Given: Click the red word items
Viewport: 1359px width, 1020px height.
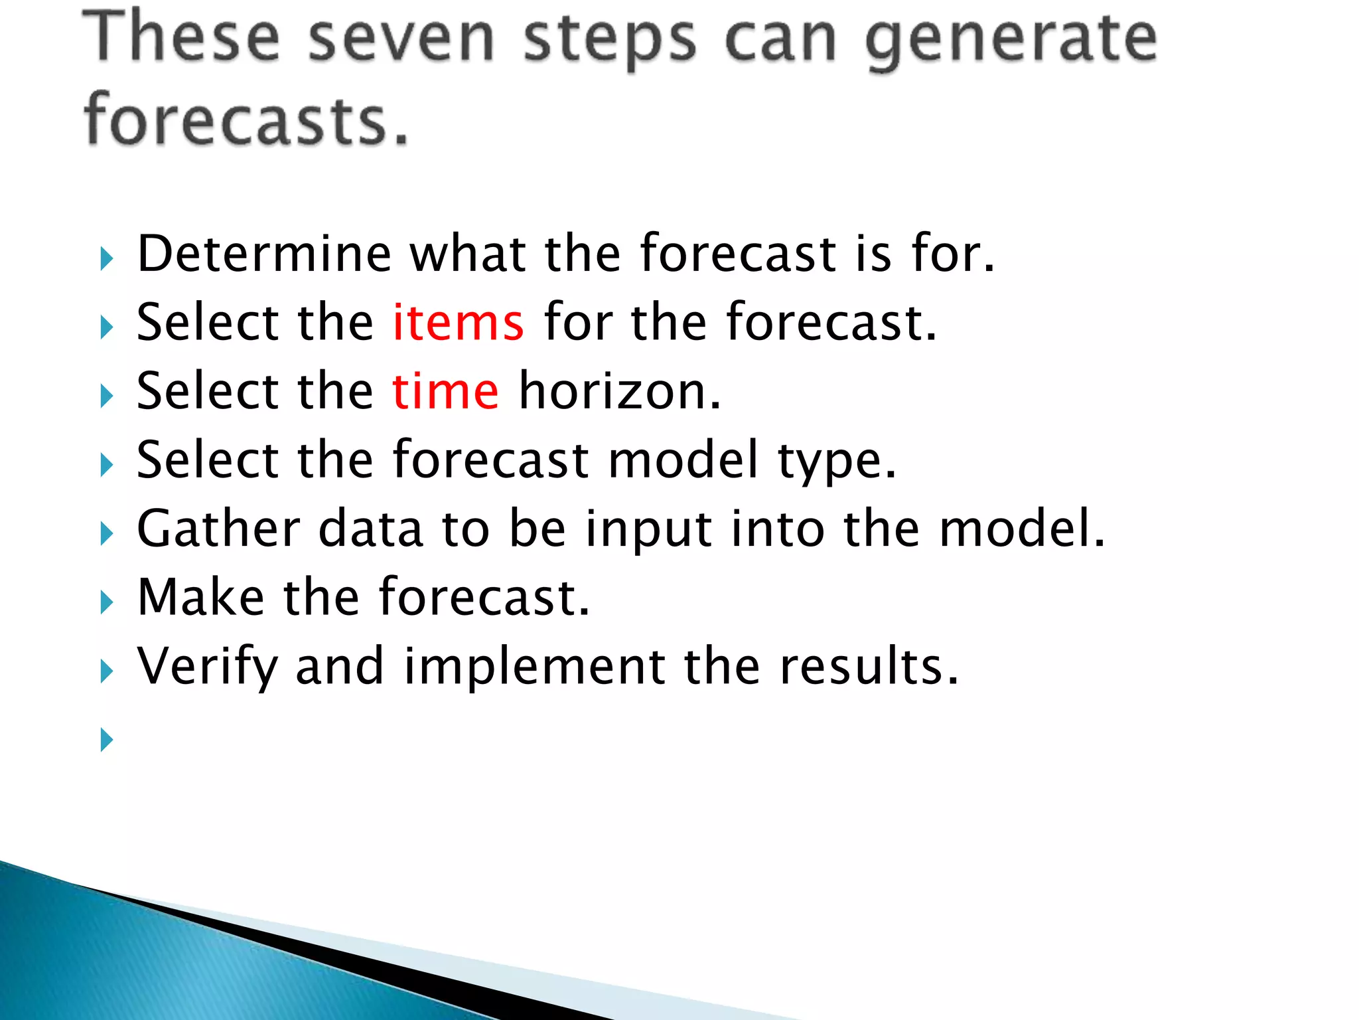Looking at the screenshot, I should click(x=458, y=323).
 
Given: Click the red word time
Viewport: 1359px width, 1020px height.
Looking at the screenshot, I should click(x=445, y=392).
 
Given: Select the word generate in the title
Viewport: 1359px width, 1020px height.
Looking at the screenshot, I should click(x=1011, y=40).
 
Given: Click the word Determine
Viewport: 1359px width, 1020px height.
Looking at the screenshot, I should click(x=264, y=254).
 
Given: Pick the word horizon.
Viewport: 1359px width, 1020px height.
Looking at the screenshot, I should click(x=619, y=392).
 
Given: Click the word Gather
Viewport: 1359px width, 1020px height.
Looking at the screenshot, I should click(x=218, y=529).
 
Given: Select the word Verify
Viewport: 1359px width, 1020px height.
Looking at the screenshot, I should click(x=207, y=667).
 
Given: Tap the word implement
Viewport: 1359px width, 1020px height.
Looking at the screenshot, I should click(x=534, y=667).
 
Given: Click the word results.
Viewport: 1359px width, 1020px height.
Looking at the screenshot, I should click(x=869, y=667).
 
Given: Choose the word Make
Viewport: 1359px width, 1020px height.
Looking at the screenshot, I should click(x=200, y=598).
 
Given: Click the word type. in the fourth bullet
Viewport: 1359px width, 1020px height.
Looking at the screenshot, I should click(x=837, y=461).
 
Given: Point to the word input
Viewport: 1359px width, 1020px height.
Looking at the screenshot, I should click(x=648, y=530).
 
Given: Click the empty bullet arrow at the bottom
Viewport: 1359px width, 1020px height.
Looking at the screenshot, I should click(x=106, y=739).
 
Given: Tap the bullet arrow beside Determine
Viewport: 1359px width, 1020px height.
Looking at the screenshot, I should click(x=106, y=258).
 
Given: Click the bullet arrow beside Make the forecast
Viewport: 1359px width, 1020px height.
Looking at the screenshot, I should click(x=106, y=602).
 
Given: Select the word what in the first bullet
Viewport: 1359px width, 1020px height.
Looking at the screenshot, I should click(x=468, y=254).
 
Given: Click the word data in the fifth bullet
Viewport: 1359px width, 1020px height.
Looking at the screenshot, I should click(x=370, y=529).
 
